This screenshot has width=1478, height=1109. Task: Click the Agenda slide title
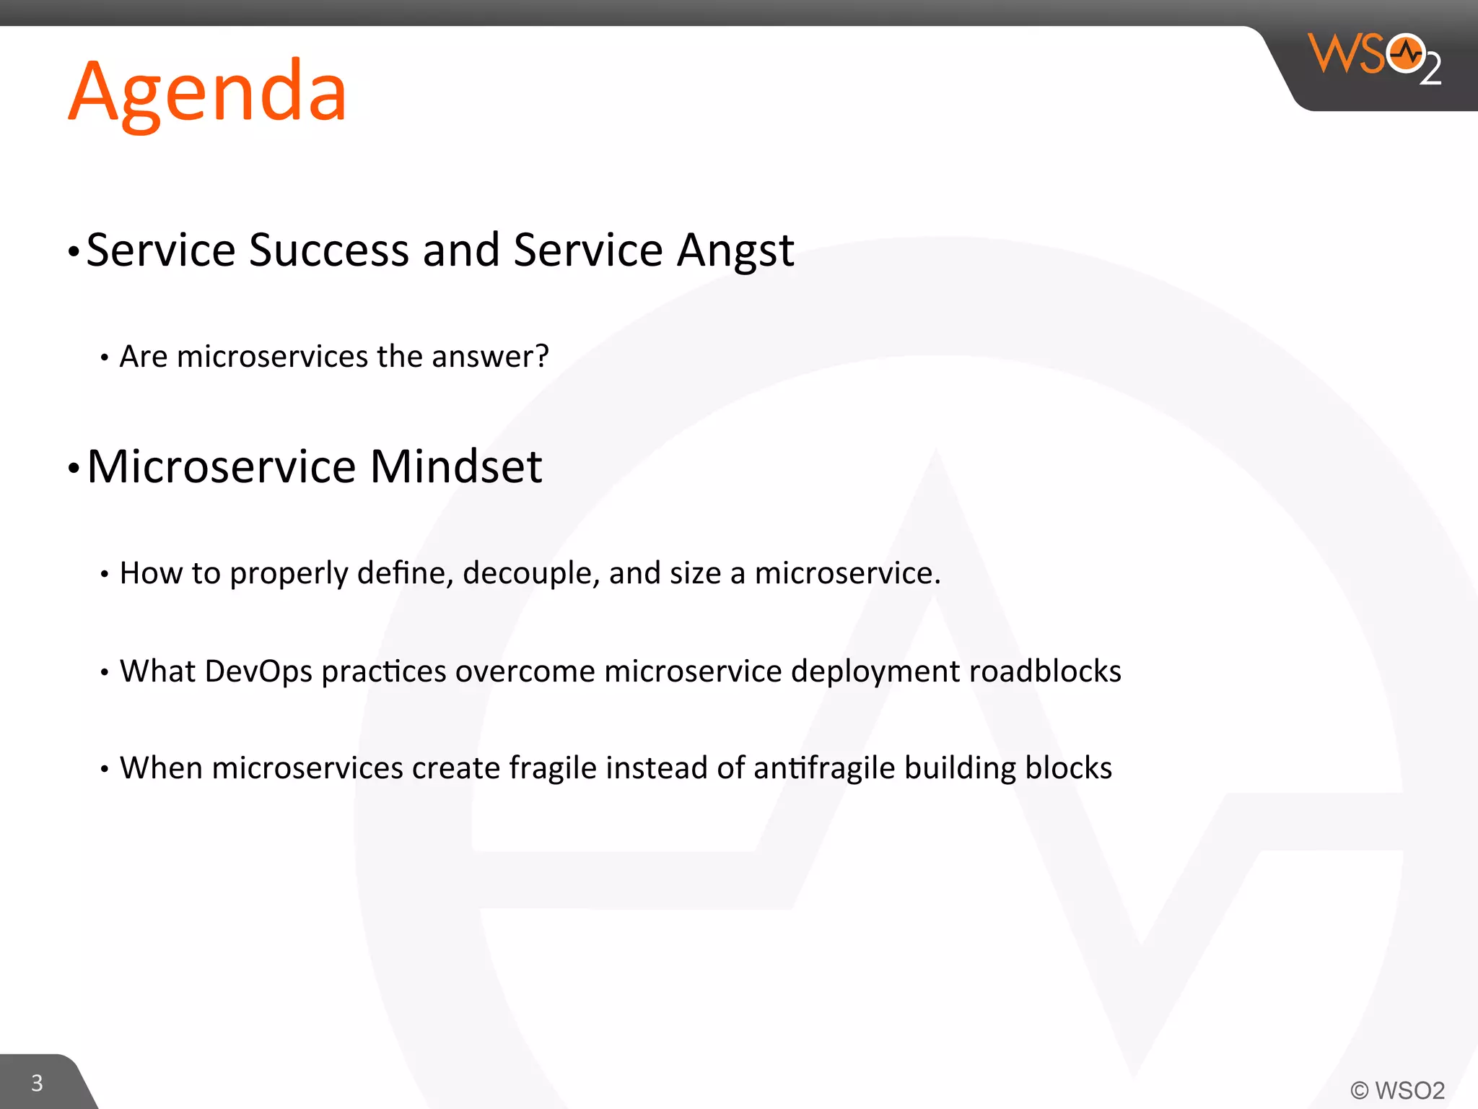coord(208,92)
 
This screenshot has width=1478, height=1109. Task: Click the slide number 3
coord(37,1083)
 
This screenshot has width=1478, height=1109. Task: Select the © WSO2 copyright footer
coord(1397,1090)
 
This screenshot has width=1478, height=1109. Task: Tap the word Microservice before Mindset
coord(221,466)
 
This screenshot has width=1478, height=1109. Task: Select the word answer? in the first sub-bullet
coord(490,357)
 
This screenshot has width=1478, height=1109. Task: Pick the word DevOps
coord(258,671)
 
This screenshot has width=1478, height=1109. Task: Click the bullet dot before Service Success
coord(73,252)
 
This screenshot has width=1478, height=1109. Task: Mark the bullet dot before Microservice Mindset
coord(73,469)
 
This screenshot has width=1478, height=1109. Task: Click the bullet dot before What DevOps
coord(105,673)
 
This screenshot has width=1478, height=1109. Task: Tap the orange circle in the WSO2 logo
coord(1406,53)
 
